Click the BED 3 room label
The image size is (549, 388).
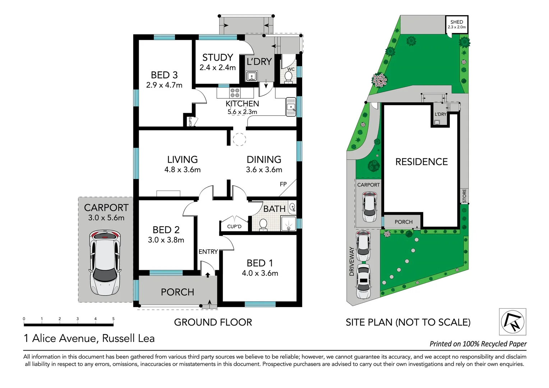164,75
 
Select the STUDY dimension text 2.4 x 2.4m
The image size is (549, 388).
217,68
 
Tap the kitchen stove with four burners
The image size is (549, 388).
235,93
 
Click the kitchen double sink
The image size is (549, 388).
291,107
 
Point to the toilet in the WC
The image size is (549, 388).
288,77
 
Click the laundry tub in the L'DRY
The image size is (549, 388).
252,76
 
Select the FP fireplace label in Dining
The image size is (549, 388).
283,184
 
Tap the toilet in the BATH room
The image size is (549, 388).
263,224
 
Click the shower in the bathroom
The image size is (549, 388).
288,223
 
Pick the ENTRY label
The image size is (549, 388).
208,252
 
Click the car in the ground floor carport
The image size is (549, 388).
105,262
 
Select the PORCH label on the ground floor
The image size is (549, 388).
177,292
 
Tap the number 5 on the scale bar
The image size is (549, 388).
113,319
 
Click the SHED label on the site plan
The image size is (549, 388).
457,22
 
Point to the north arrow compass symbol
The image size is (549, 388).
513,322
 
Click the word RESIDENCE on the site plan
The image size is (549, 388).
421,162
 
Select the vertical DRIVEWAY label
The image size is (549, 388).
352,261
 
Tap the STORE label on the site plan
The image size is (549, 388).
464,196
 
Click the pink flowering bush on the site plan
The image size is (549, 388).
379,80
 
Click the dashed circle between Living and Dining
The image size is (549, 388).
239,139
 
